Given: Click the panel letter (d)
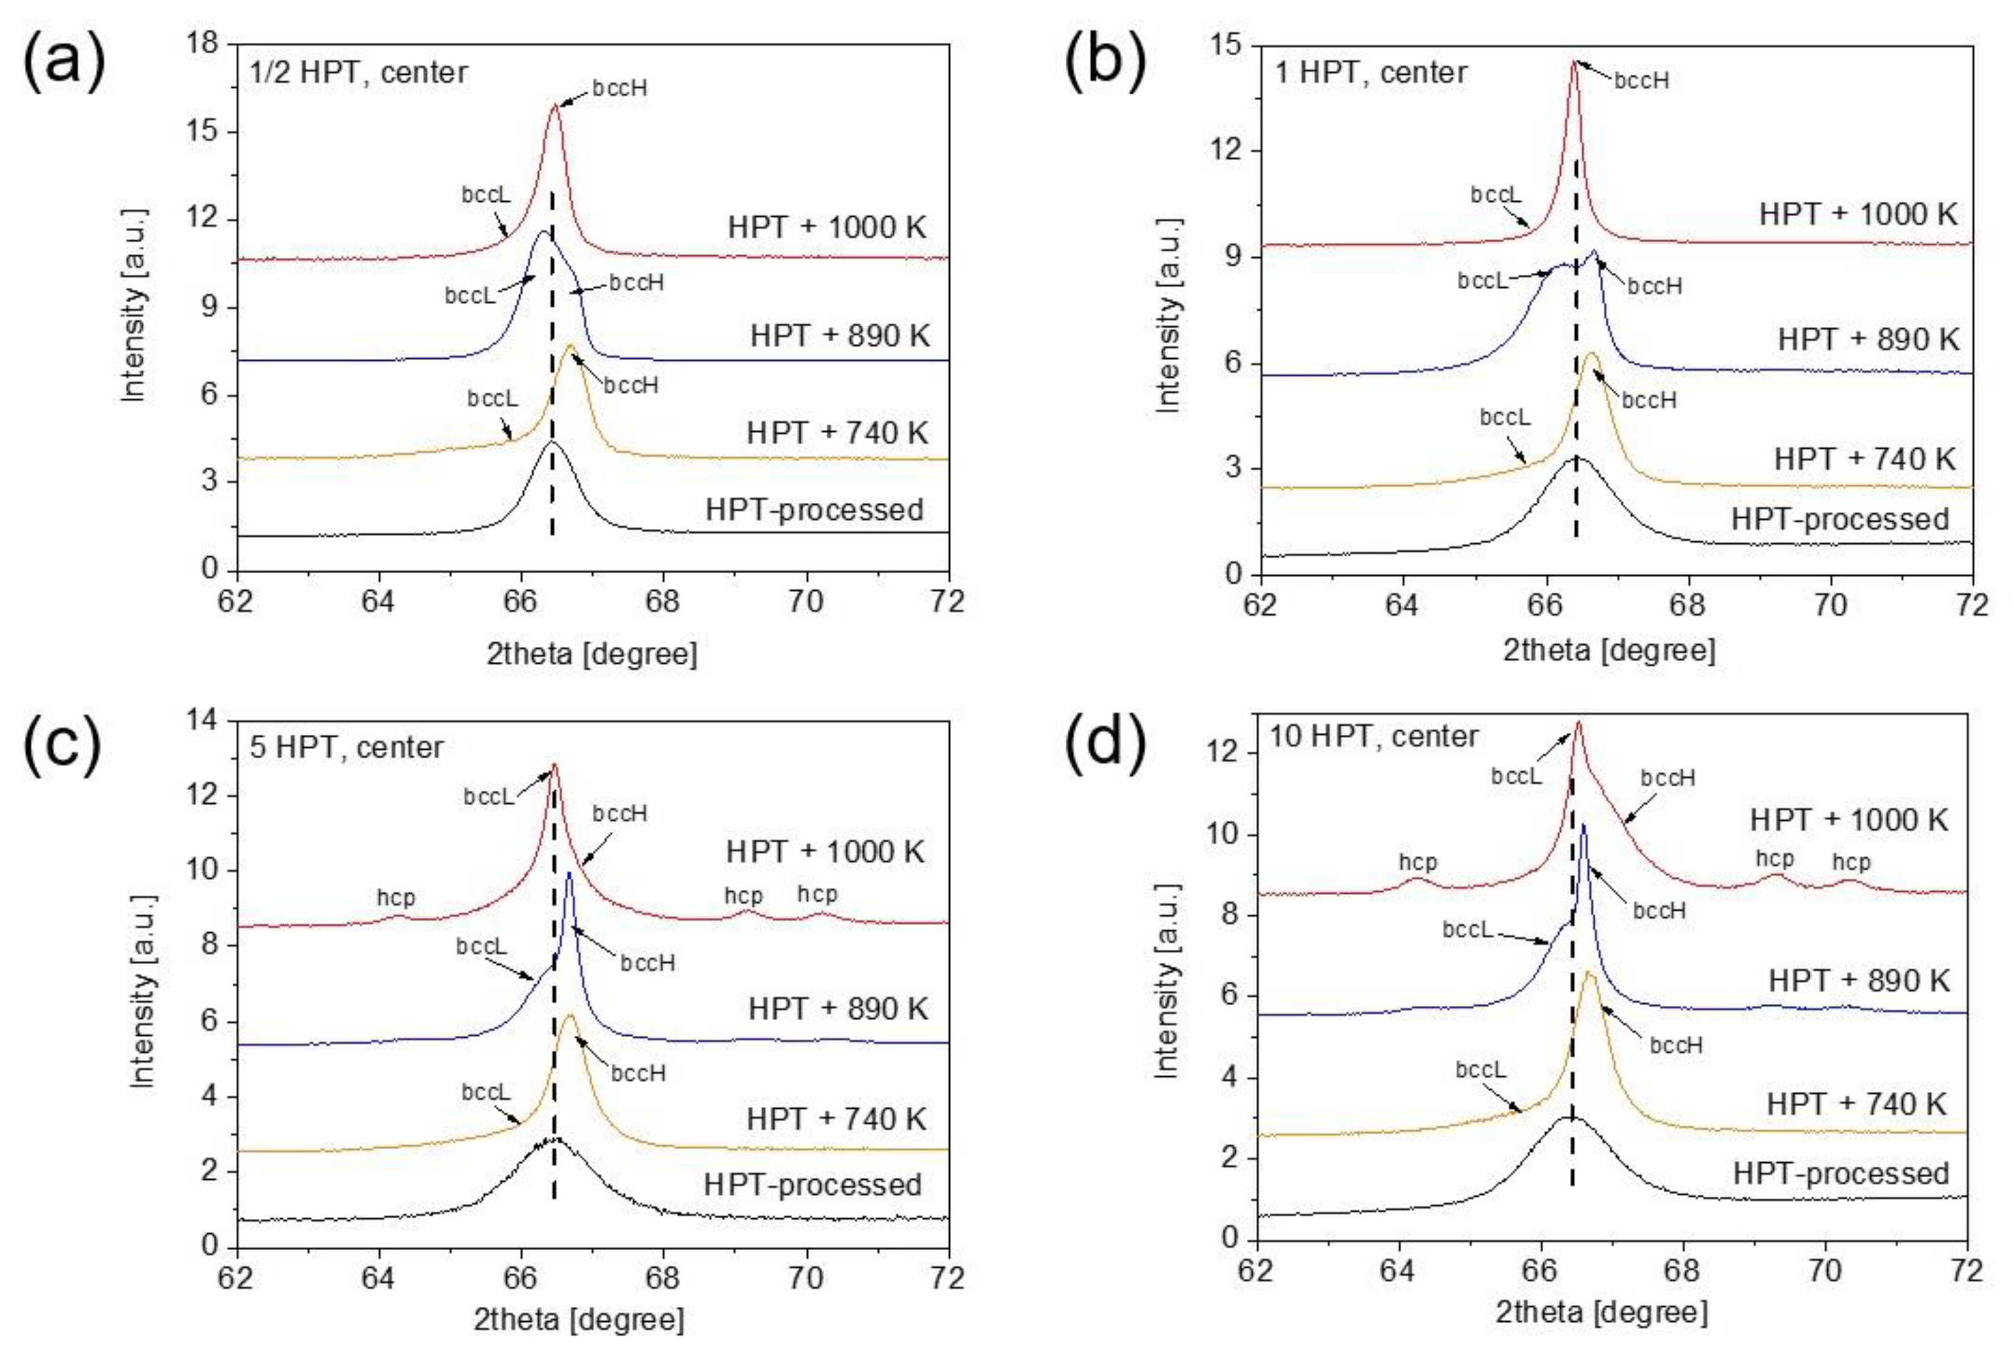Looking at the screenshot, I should (x=1105, y=742).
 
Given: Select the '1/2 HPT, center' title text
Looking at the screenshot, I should (x=358, y=71).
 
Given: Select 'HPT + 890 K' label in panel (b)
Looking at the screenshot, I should (x=1868, y=339).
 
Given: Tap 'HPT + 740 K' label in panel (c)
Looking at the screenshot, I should (x=836, y=1118).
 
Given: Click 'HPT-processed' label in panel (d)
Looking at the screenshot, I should (x=1841, y=1173).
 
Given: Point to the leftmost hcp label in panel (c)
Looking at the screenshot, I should (x=395, y=897).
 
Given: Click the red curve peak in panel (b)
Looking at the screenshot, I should (x=1574, y=63).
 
